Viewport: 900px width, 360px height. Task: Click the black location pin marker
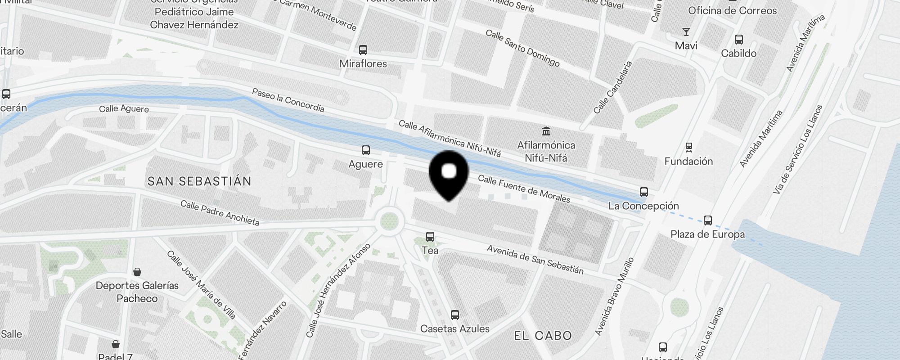point(449,174)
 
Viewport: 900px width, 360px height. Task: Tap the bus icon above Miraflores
point(363,49)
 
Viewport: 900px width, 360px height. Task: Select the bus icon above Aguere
point(366,150)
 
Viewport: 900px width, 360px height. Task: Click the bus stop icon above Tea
point(430,236)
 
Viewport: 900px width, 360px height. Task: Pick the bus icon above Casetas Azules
point(455,315)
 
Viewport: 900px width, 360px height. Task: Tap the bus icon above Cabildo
point(738,39)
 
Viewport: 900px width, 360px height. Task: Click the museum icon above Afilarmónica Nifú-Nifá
point(546,131)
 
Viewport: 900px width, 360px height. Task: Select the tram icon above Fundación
point(688,147)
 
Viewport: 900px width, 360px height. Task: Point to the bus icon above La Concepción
point(644,192)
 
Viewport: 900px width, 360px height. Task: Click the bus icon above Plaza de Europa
point(707,220)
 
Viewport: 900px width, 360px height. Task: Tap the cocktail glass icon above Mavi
point(686,31)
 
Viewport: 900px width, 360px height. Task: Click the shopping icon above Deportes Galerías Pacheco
point(137,271)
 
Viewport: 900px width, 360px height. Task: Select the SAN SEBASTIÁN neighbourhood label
point(199,181)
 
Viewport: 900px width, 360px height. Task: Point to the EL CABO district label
point(543,335)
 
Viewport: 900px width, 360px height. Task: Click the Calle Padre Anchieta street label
point(220,213)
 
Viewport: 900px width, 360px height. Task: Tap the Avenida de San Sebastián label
point(535,260)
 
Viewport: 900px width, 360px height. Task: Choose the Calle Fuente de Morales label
point(524,189)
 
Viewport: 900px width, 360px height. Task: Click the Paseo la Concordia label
point(288,100)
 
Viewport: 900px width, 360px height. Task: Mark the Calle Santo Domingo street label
point(522,48)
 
